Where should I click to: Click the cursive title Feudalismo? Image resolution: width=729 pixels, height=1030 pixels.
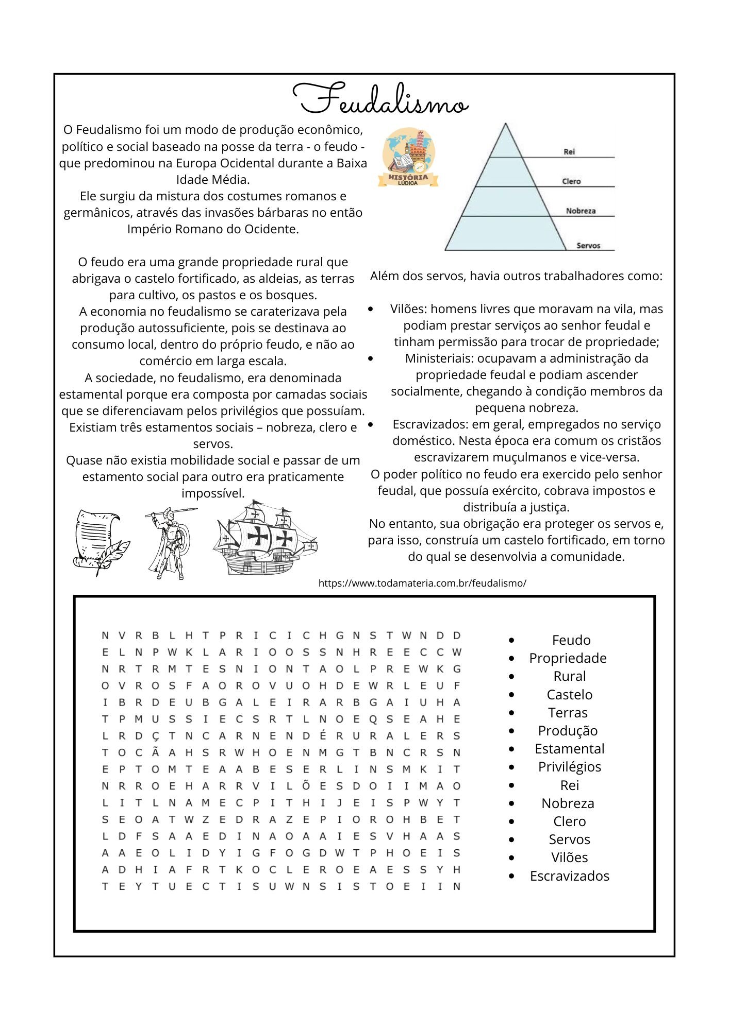click(380, 99)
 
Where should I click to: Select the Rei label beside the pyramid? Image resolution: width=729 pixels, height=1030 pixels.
click(569, 151)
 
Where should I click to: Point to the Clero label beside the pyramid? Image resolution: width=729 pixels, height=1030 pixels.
click(571, 181)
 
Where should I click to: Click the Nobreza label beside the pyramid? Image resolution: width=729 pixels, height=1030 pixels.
click(581, 211)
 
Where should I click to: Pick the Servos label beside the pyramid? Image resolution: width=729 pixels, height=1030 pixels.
click(588, 246)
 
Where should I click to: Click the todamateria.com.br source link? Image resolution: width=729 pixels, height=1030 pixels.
click(422, 583)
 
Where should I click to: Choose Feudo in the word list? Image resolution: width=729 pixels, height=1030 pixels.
click(571, 640)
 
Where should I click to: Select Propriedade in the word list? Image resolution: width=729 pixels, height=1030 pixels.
click(568, 658)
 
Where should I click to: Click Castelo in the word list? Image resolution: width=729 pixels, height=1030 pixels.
click(569, 695)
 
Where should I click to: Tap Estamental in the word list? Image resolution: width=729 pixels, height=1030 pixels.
click(569, 749)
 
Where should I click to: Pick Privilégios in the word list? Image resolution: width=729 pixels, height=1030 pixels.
click(569, 767)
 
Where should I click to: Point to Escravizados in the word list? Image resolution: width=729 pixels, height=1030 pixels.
click(569, 876)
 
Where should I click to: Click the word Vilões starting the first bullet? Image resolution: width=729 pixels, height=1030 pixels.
click(408, 309)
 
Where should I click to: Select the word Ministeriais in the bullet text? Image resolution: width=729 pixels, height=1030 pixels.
click(439, 358)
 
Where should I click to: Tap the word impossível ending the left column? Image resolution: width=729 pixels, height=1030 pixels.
click(213, 493)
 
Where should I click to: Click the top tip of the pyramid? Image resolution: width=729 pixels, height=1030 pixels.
click(506, 124)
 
